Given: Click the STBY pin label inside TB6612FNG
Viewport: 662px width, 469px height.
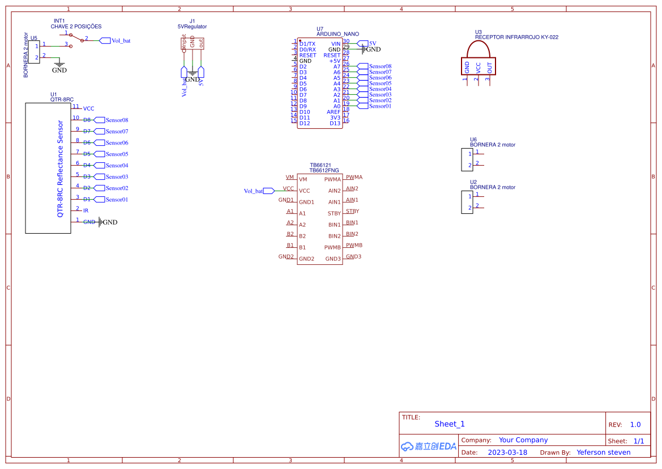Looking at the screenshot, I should click(x=334, y=213).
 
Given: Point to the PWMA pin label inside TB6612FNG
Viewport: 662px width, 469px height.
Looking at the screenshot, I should click(x=332, y=179).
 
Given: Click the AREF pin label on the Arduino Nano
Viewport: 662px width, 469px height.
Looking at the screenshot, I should click(x=334, y=112).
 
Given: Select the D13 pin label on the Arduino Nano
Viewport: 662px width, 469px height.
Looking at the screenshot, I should click(x=335, y=123).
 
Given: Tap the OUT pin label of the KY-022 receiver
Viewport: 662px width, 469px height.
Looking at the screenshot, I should click(x=490, y=68).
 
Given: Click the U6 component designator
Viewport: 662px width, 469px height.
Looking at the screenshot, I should click(x=473, y=139).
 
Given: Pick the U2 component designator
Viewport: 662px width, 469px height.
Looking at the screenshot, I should click(x=473, y=181).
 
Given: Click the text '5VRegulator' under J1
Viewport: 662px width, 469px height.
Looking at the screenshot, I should click(x=192, y=27).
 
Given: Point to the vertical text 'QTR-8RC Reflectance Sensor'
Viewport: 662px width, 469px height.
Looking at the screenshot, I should click(x=60, y=168).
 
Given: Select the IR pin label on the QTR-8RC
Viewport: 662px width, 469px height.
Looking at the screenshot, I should click(x=86, y=210).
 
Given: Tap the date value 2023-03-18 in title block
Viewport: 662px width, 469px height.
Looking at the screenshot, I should click(x=507, y=453).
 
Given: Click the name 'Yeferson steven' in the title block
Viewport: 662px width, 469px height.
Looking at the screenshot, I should click(x=603, y=453).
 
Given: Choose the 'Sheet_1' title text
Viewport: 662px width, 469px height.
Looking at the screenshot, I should click(x=450, y=424).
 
